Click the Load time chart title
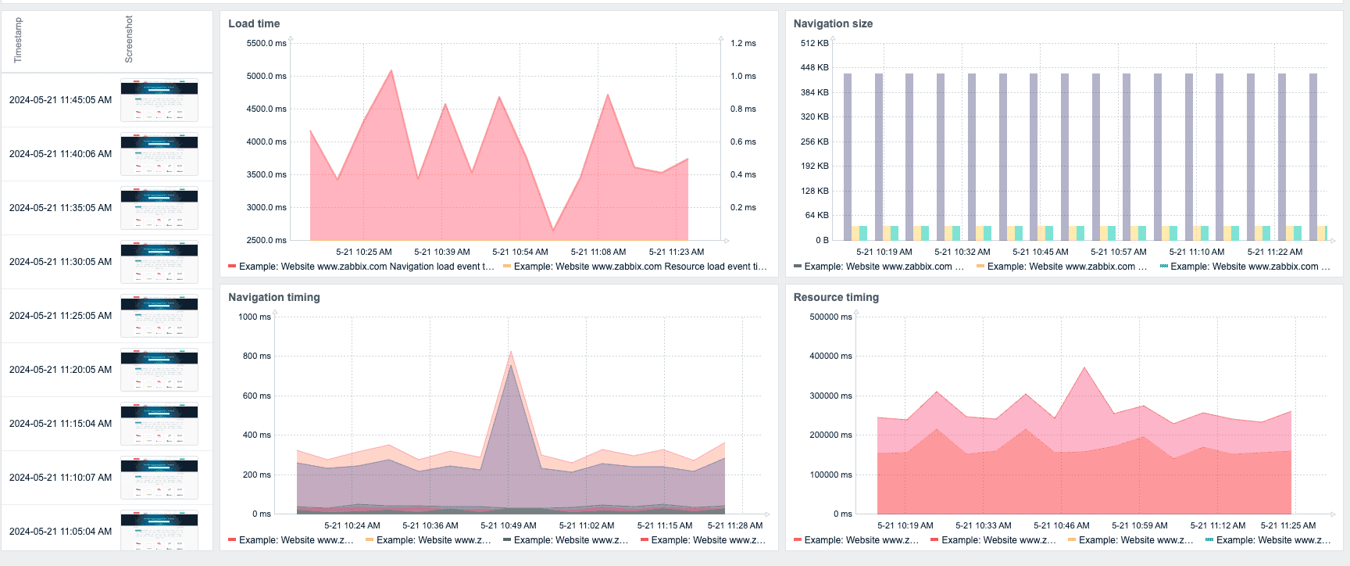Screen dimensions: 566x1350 pyautogui.click(x=253, y=23)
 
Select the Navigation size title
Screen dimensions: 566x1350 pyautogui.click(x=833, y=23)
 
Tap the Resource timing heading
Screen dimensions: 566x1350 pyautogui.click(x=836, y=297)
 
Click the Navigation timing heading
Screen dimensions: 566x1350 pyautogui.click(x=273, y=297)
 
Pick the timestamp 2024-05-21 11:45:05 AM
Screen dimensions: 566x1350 pyautogui.click(x=60, y=100)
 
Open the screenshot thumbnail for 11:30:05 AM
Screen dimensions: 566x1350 pyautogui.click(x=159, y=262)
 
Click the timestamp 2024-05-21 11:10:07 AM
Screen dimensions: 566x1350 pyautogui.click(x=60, y=478)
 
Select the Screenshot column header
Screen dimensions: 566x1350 pyautogui.click(x=129, y=39)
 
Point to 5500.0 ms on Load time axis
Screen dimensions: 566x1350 pyautogui.click(x=266, y=43)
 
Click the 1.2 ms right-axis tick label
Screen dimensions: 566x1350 pyautogui.click(x=743, y=43)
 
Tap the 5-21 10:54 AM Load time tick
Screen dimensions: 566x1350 pyautogui.click(x=520, y=252)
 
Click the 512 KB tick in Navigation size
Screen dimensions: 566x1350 pyautogui.click(x=814, y=43)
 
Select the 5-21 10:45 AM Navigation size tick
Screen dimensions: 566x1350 pyautogui.click(x=1040, y=252)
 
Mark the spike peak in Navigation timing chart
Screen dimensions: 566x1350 pyautogui.click(x=510, y=353)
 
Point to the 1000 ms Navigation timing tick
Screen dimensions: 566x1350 pyautogui.click(x=254, y=317)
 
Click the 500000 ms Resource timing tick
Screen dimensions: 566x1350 pyautogui.click(x=830, y=317)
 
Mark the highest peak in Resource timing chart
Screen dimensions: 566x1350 pyautogui.click(x=1084, y=368)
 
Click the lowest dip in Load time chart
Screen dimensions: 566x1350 pyautogui.click(x=553, y=230)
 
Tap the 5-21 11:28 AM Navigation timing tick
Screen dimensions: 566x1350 pyautogui.click(x=734, y=525)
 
